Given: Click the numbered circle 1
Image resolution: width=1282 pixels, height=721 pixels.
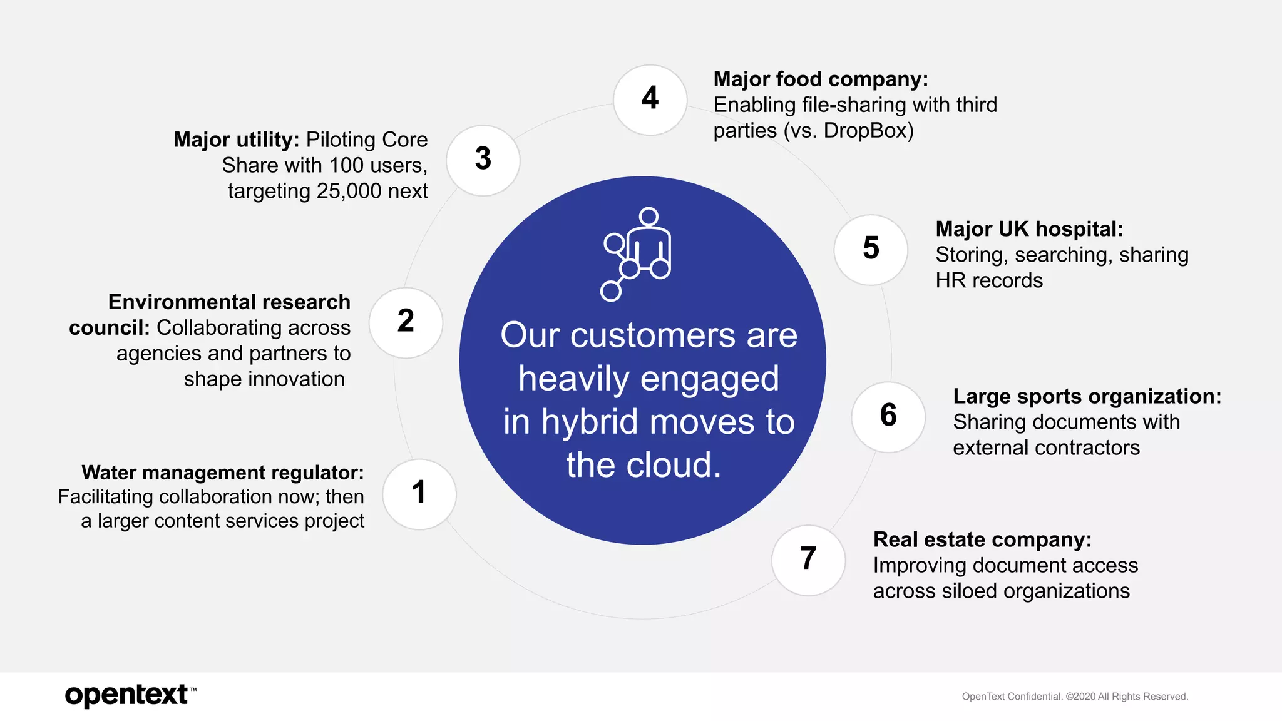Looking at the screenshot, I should click(x=419, y=494).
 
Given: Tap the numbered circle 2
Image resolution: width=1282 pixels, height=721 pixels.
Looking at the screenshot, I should click(x=406, y=322).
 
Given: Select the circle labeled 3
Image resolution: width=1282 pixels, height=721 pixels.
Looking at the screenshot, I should click(x=483, y=160).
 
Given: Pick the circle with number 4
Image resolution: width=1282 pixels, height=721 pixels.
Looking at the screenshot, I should click(x=650, y=100).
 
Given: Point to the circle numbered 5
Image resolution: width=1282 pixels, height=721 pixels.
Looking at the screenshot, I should click(x=871, y=249).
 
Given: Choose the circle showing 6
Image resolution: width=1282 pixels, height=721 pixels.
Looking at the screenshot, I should click(x=888, y=416).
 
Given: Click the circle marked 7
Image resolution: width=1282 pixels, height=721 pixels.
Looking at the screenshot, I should click(x=808, y=560).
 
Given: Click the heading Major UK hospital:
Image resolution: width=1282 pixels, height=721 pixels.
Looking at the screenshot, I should click(x=1029, y=229).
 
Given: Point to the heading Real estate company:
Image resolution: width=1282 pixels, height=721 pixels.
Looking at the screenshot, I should click(x=982, y=539).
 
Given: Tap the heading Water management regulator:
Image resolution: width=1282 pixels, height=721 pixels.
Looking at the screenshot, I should click(x=222, y=473).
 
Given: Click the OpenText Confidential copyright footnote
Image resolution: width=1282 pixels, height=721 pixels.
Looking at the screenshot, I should click(x=1074, y=697).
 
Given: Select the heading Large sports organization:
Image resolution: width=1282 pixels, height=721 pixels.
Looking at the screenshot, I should click(x=1087, y=396).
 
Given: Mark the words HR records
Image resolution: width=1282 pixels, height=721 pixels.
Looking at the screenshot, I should click(x=989, y=280).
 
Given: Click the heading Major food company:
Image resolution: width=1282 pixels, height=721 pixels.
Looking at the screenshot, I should click(x=820, y=79).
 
